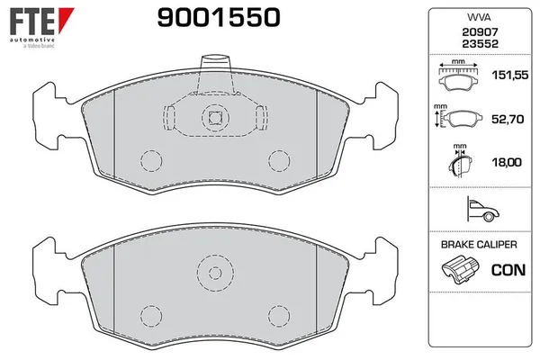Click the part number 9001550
click(x=206, y=17)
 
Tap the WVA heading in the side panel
click(x=473, y=18)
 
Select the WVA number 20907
click(x=473, y=31)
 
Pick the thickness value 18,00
click(x=506, y=163)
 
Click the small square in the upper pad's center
click(x=214, y=115)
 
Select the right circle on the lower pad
click(x=277, y=315)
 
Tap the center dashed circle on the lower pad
click(x=214, y=272)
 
